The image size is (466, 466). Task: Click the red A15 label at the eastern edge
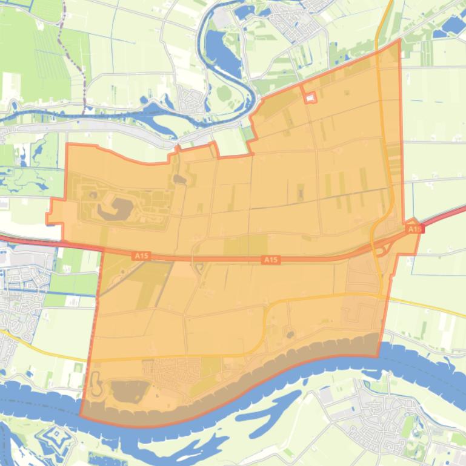pos(414,229)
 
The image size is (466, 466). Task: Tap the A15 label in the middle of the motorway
pos(271,260)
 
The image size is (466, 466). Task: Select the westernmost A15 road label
pos(141,256)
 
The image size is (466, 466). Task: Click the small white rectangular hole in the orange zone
pos(310,97)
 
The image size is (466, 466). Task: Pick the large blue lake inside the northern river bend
pos(221,51)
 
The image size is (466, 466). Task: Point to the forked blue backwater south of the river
pos(267,412)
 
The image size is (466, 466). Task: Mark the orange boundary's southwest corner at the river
pos(81,416)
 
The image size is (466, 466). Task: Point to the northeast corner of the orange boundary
pos(400,41)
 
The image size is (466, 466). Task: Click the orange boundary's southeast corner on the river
pos(379,356)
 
